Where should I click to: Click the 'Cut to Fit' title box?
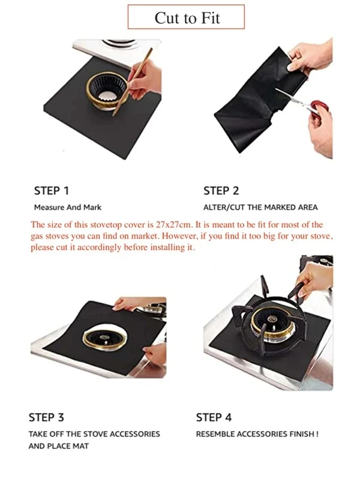(x=186, y=17)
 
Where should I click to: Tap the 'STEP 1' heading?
(x=52, y=191)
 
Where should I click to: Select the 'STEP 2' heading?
(x=221, y=191)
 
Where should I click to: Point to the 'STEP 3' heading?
(x=46, y=417)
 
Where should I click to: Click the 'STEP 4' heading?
(x=214, y=417)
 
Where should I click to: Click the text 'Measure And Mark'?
(x=68, y=207)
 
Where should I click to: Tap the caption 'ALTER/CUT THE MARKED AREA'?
(x=260, y=207)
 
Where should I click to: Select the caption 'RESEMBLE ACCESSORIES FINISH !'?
(x=257, y=434)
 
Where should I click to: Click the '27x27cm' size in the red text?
(x=174, y=225)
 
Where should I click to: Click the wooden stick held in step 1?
(x=132, y=82)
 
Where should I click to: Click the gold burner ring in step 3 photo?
(x=104, y=340)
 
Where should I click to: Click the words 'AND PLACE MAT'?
(x=58, y=446)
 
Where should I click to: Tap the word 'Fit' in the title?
(x=210, y=18)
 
